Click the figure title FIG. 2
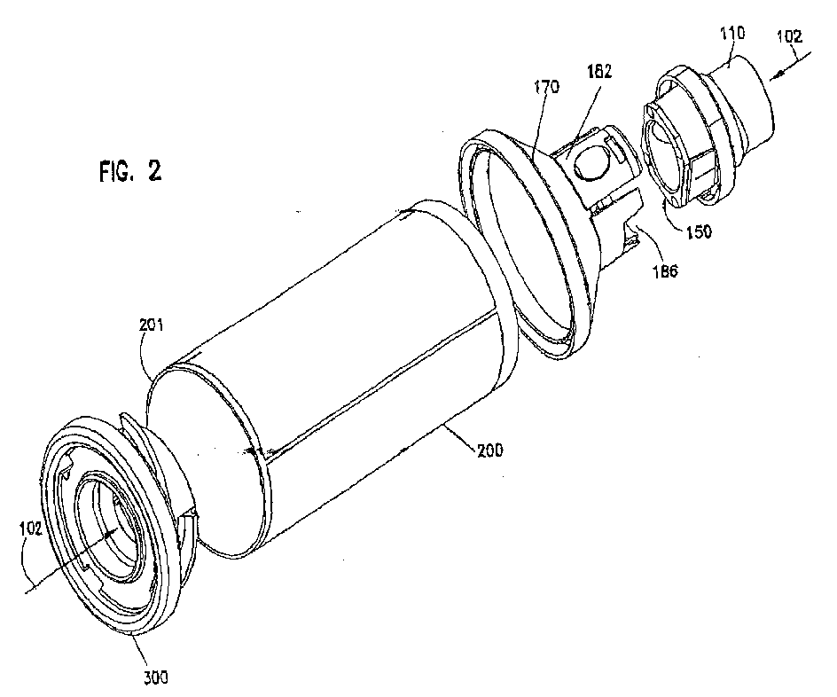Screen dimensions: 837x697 click(129, 171)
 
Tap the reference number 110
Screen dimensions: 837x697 click(731, 34)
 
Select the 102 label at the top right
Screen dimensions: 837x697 click(789, 37)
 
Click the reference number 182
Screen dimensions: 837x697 click(598, 72)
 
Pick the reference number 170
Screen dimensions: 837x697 click(546, 87)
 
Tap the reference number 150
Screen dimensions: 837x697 click(699, 231)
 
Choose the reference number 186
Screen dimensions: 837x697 click(664, 271)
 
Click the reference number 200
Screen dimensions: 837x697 click(490, 451)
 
